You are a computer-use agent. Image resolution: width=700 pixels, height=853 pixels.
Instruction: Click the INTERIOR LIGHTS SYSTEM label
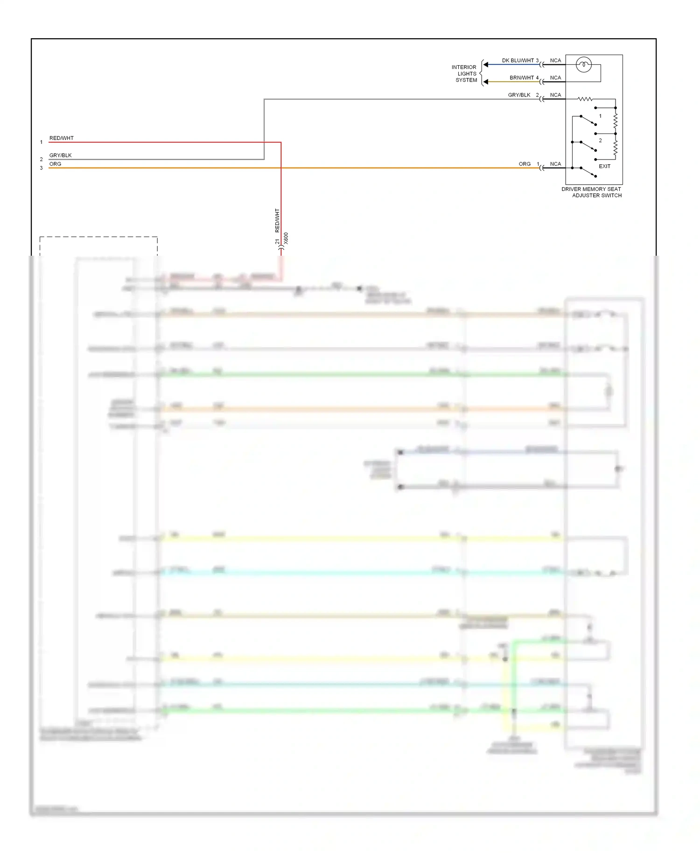[464, 74]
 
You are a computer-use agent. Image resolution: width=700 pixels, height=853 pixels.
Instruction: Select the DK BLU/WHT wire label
[518, 61]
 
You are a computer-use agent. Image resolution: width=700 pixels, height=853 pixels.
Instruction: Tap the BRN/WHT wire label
[521, 78]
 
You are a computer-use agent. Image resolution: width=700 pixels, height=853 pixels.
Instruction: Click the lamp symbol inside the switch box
[583, 64]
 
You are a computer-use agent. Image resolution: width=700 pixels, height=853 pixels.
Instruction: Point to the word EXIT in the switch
[604, 166]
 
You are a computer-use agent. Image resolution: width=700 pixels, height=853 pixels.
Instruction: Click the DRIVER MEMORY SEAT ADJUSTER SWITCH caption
[592, 192]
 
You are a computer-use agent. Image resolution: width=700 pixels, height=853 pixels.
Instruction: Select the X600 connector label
[286, 238]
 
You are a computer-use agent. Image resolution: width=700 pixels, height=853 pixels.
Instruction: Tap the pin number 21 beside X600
[277, 242]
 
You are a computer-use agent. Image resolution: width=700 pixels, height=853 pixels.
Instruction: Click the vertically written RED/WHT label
[277, 220]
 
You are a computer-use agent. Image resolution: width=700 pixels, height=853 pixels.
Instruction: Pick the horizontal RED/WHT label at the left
[61, 138]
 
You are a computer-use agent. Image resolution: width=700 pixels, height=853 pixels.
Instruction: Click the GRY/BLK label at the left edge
[60, 155]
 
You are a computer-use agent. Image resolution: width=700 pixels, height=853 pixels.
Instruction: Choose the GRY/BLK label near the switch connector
[519, 95]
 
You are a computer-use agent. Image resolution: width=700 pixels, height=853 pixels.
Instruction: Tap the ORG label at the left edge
[55, 164]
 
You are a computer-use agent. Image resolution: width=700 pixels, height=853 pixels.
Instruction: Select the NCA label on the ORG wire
[555, 164]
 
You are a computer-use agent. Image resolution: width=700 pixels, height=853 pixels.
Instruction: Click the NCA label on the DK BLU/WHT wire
[555, 61]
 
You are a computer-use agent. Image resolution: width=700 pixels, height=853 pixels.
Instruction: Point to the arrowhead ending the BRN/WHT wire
[486, 82]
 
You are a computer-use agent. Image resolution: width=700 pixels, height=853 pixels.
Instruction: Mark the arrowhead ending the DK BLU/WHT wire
[486, 65]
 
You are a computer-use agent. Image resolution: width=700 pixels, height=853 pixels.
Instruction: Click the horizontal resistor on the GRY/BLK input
[585, 99]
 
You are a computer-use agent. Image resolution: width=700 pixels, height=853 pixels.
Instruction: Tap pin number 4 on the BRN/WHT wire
[537, 78]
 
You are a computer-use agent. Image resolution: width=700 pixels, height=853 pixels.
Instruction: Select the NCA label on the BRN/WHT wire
[555, 78]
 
